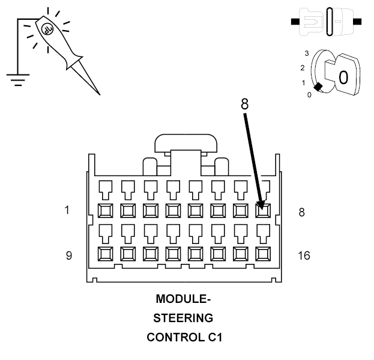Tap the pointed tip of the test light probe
tap(98, 94)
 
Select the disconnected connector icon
tap(326, 22)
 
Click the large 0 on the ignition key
tap(342, 78)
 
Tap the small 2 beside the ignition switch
tap(302, 67)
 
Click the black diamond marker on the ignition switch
tap(318, 88)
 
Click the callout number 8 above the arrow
tap(244, 103)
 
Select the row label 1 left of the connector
tap(68, 210)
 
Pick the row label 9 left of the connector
tap(68, 255)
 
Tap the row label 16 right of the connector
tap(304, 255)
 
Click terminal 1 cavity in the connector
tap(104, 210)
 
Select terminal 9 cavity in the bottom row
tap(104, 253)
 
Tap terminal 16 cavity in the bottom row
tap(262, 253)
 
